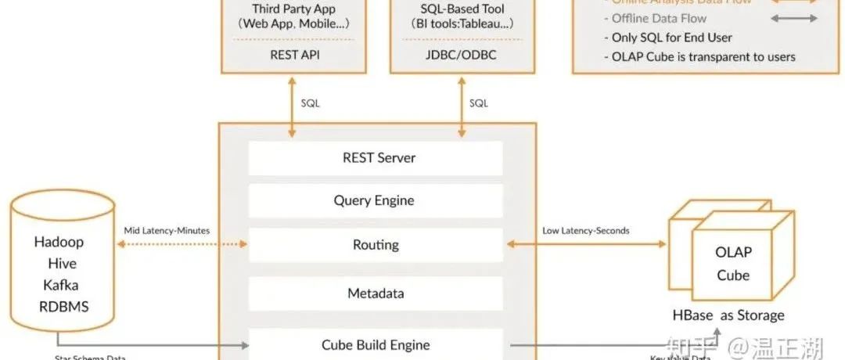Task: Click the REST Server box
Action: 376,158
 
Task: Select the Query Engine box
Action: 376,201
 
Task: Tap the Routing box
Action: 376,245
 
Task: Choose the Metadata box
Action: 376,294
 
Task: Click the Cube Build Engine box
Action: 376,344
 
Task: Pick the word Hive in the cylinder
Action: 61,264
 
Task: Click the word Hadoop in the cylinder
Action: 59,242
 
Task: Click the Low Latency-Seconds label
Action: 585,231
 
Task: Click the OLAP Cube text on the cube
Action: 733,264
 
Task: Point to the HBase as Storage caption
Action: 728,315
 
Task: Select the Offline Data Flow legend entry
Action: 659,18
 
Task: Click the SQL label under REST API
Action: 310,103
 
